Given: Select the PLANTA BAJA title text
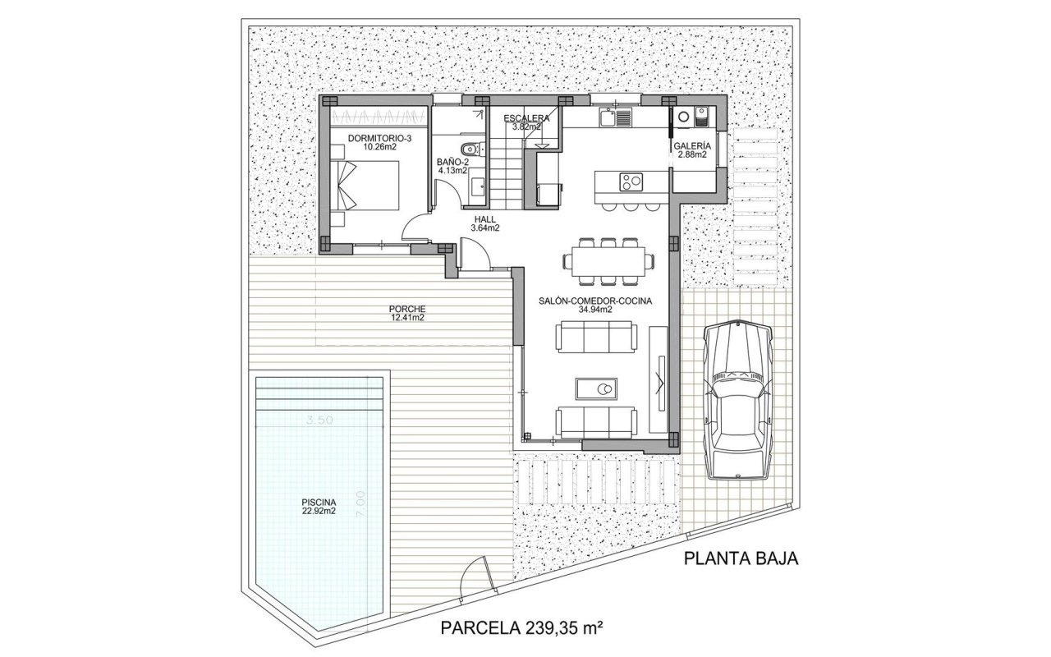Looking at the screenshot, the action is (741, 558).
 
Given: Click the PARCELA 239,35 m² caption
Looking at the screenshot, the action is (521, 628).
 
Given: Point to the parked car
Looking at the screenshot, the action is (737, 400).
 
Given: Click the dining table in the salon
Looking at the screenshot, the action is (608, 261).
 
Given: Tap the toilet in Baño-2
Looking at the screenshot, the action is (470, 149).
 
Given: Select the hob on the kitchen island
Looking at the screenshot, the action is (631, 182).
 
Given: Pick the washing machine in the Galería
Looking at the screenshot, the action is (682, 117).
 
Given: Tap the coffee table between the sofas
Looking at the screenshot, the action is (596, 389).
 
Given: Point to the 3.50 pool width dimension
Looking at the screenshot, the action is (319, 420).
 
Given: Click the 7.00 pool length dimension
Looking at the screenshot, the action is (360, 504).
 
